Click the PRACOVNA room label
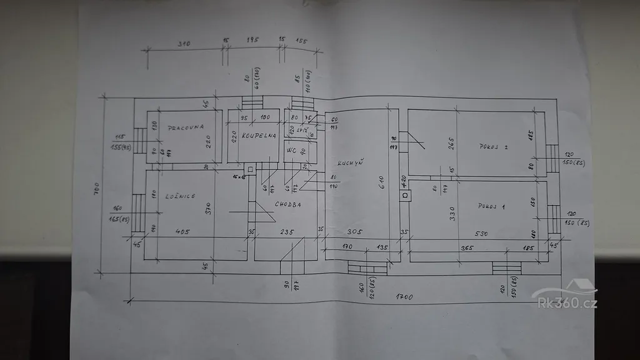pyautogui.click(x=186, y=127)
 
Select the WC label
pyautogui.click(x=291, y=151)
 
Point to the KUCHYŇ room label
pyautogui.click(x=351, y=164)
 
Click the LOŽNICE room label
pyautogui.click(x=180, y=196)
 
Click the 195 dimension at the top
pyautogui.click(x=252, y=39)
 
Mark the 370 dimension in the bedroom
pyautogui.click(x=210, y=209)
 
